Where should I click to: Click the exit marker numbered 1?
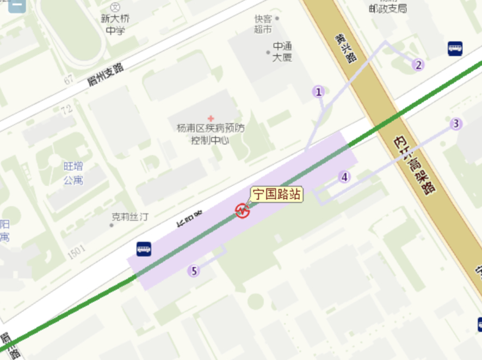point(319,92)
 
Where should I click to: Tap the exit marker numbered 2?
point(418,65)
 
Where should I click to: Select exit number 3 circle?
point(456,124)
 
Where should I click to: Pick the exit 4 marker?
point(344,177)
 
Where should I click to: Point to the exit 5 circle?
point(194,271)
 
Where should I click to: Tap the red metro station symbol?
point(242,211)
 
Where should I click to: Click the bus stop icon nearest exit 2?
point(455,48)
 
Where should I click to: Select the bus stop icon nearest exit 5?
point(144,249)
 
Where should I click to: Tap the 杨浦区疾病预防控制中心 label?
point(211,134)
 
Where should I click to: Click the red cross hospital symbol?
point(211,118)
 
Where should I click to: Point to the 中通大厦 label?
point(282,52)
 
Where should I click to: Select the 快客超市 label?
point(263,24)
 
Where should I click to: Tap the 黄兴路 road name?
point(345,48)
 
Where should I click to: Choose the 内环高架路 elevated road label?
point(414,163)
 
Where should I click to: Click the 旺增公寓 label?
point(73,173)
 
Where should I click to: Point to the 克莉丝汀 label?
point(130,216)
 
